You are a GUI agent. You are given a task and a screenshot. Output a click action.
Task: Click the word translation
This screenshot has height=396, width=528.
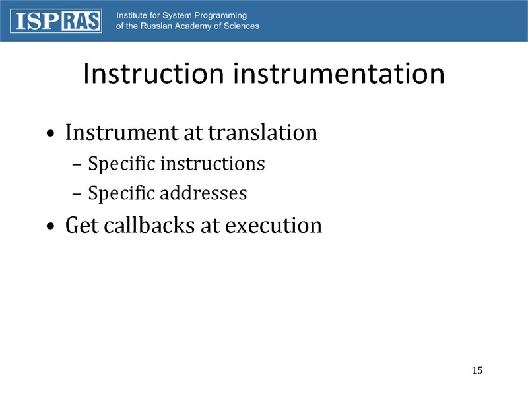coord(262,133)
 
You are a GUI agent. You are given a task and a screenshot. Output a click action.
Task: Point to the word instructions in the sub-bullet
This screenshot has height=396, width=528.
coord(212,164)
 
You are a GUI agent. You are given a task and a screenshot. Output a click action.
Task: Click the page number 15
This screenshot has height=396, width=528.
coord(478,369)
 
